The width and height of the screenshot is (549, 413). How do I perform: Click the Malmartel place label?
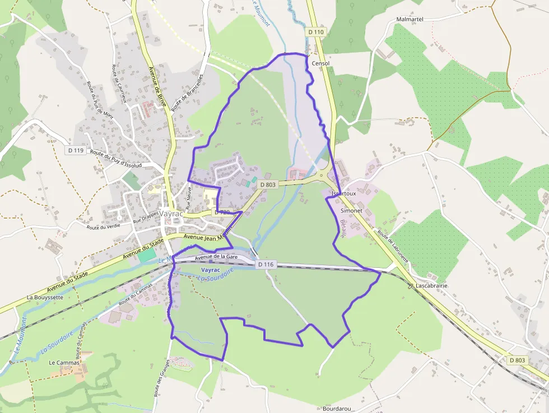(410, 19)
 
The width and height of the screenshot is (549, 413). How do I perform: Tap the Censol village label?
(320, 64)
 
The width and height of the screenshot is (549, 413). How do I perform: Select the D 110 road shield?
(316, 33)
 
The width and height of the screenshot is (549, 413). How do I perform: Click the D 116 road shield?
(266, 264)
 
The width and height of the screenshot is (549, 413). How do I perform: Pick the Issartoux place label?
(344, 193)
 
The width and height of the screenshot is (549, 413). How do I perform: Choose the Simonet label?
(352, 211)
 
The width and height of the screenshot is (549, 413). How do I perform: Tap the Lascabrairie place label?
(432, 286)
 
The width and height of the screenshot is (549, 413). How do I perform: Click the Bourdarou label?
(337, 409)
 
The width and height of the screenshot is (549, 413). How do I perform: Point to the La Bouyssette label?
(45, 297)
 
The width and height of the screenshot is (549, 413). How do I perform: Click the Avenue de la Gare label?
(217, 258)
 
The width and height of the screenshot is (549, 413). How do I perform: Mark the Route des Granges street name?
(161, 378)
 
